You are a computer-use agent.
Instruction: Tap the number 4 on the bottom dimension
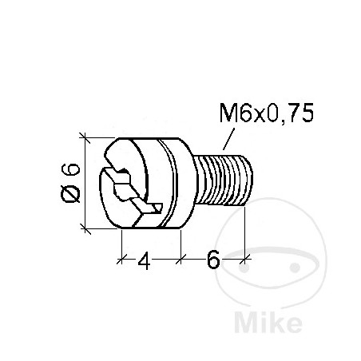(145, 261)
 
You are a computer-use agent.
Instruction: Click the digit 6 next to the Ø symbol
(70, 169)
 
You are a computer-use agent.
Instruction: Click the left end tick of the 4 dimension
(121, 258)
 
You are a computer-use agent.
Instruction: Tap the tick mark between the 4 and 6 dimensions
(181, 258)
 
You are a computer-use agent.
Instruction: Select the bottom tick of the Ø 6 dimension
(85, 231)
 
